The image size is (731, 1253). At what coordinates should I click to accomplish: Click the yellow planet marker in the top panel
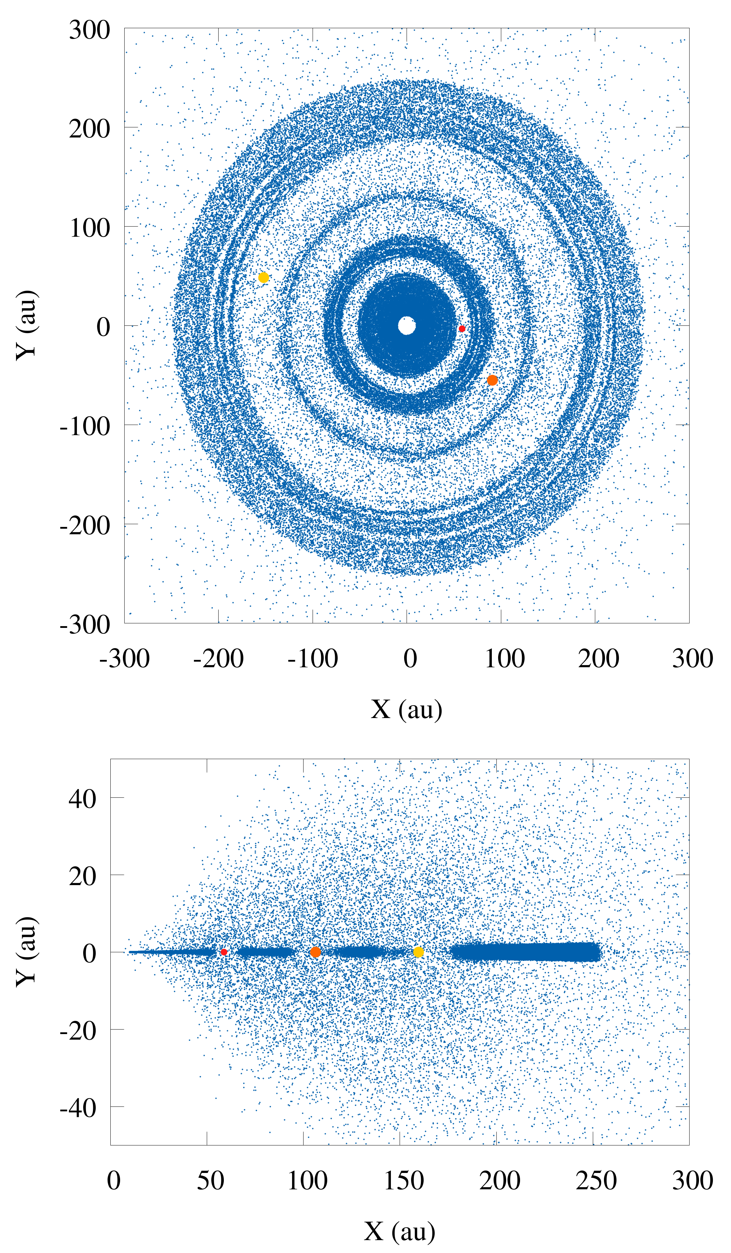tap(264, 277)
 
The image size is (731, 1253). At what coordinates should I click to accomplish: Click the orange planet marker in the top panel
tap(492, 380)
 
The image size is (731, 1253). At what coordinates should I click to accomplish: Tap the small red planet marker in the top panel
tap(462, 329)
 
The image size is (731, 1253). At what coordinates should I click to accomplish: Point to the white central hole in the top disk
tap(407, 326)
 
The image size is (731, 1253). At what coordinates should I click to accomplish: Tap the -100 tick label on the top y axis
tap(85, 426)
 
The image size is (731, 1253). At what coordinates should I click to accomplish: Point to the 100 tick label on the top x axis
tap(505, 659)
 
